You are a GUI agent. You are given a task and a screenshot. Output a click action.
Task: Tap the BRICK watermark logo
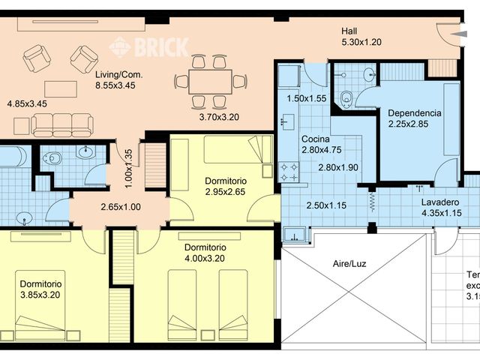pos(149,47)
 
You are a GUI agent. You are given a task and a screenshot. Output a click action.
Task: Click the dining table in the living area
pos(209,81)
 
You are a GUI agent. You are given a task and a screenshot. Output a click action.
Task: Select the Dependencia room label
pos(414,113)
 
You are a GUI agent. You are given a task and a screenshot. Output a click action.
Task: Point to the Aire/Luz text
pos(350,264)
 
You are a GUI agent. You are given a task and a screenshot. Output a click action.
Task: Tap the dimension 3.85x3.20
pos(40,295)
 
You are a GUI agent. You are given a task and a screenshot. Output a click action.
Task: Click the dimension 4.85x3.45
pos(27,104)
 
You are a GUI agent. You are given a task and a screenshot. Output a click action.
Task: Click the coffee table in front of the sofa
pos(61,88)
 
